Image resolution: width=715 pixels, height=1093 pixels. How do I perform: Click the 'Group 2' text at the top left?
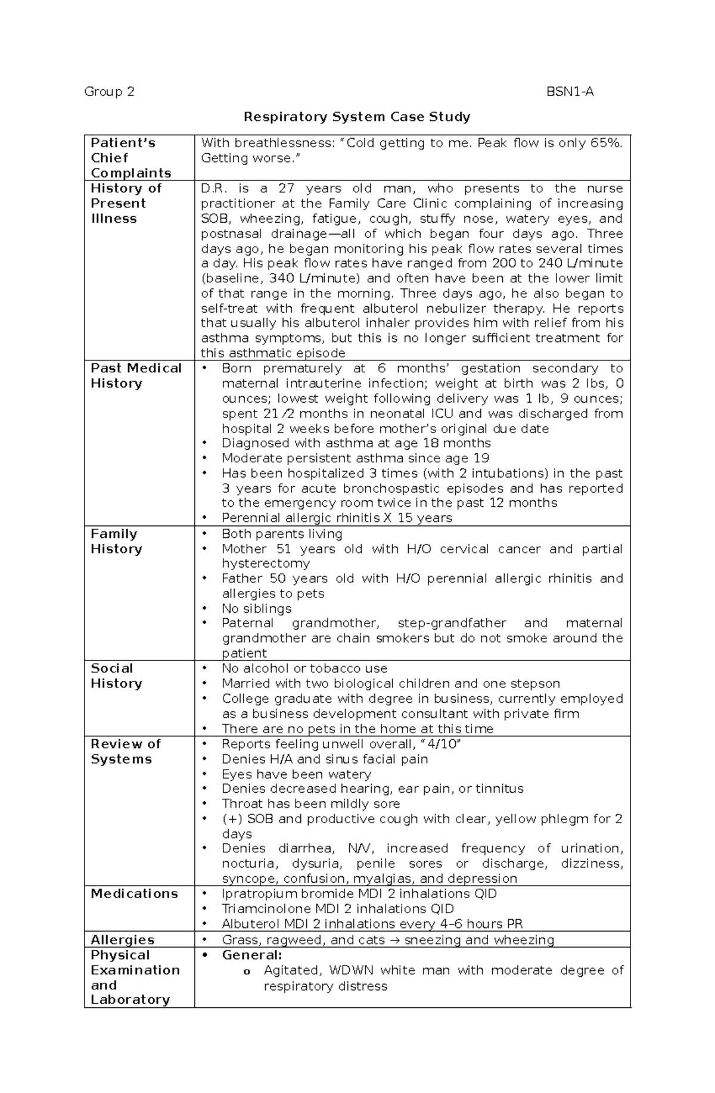[x=109, y=92]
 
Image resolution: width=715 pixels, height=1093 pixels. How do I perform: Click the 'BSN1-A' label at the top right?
[x=570, y=92]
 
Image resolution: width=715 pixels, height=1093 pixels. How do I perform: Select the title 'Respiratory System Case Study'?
[x=357, y=117]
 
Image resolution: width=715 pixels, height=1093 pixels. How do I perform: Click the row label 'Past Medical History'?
[x=136, y=376]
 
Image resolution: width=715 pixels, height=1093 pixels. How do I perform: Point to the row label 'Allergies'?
[x=122, y=939]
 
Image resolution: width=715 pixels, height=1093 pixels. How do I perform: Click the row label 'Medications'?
[x=134, y=893]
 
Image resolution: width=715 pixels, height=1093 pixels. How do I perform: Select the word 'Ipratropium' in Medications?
[x=259, y=894]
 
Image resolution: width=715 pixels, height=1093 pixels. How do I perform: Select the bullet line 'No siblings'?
[x=256, y=609]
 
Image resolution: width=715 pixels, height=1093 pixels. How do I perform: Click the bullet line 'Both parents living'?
[x=282, y=534]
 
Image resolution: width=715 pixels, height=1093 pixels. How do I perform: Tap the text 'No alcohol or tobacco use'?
[x=304, y=668]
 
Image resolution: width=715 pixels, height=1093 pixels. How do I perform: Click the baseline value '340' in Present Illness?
[x=281, y=279]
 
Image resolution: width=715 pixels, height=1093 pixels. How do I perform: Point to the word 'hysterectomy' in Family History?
[x=266, y=563]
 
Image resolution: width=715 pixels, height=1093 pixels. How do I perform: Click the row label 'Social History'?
[x=116, y=676]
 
